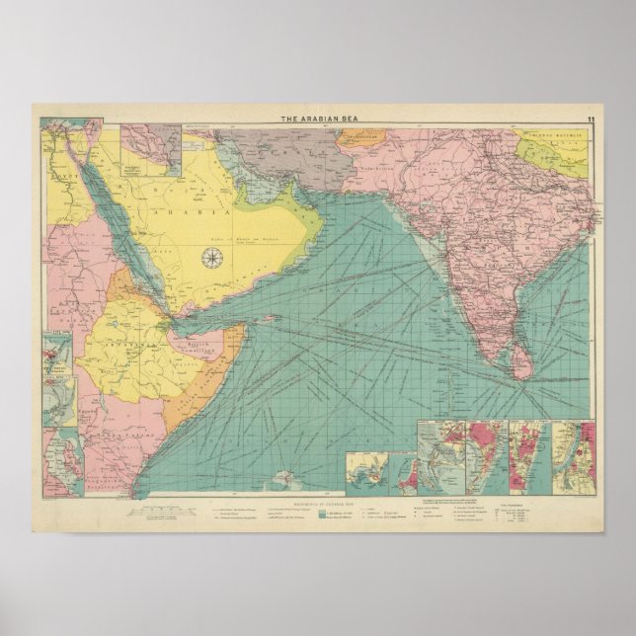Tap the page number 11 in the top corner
click(x=590, y=119)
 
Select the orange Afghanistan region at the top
click(x=359, y=137)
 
